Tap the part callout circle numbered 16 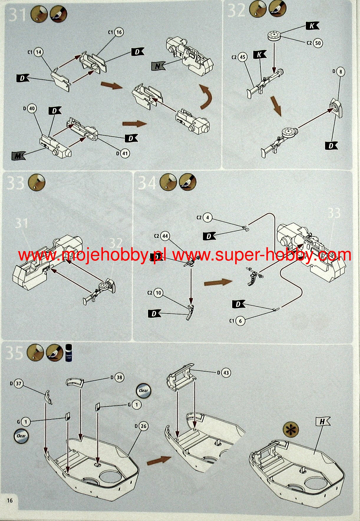tap(119, 32)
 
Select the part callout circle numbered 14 tap(38, 52)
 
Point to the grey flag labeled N tap(158, 66)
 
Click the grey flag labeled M tap(18, 156)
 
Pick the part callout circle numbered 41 tap(125, 153)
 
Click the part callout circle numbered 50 tap(318, 43)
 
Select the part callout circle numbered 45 tap(242, 57)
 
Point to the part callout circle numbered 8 tap(341, 72)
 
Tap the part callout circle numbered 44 tap(165, 236)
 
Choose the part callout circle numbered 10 tap(158, 293)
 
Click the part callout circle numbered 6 tap(240, 321)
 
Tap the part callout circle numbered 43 tap(226, 373)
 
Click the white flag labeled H tap(323, 422)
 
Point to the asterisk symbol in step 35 tap(290, 430)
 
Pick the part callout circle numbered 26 tap(143, 426)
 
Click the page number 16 tap(10, 500)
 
